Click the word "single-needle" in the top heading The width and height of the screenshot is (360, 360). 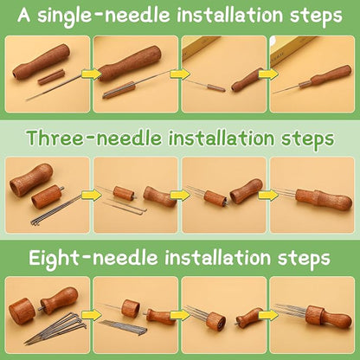tap(105, 16)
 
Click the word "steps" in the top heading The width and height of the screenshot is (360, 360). tap(316, 16)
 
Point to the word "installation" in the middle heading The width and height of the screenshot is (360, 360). tap(221, 138)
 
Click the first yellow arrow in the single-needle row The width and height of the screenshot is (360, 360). tap(92, 74)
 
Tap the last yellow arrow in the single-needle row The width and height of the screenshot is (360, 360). tap(268, 74)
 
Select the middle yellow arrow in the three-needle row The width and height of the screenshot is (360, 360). tap(180, 195)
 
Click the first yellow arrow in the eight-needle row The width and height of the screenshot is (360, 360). tap(92, 315)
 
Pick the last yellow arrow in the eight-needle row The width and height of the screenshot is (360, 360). tap(268, 315)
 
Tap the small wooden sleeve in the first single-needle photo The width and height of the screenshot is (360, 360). tap(50, 78)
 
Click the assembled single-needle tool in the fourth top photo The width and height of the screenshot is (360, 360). tap(313, 80)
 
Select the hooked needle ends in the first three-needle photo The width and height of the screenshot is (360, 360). tap(35, 222)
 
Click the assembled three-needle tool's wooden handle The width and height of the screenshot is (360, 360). tap(324, 199)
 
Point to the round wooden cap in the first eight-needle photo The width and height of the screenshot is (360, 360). tap(21, 311)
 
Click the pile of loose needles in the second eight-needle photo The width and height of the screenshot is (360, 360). tap(124, 326)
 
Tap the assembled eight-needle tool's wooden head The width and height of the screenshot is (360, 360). tap(314, 317)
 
